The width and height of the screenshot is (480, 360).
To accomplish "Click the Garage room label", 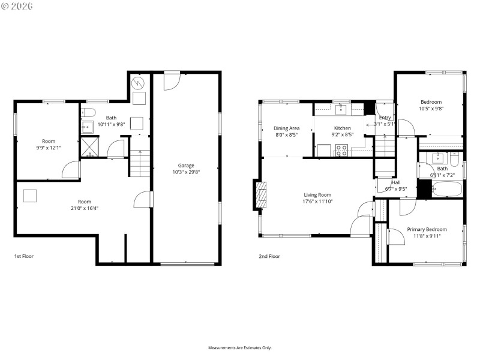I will [x=185, y=165].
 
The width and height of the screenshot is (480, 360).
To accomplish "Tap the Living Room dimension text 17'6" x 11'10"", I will [x=317, y=202].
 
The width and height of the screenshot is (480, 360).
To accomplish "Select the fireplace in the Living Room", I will [x=260, y=195].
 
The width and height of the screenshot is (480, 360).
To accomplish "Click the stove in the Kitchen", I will [x=341, y=151].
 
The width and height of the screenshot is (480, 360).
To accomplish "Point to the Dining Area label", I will [x=286, y=128].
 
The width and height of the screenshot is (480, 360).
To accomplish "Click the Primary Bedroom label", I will [x=427, y=229].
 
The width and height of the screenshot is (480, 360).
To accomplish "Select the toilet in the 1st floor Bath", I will [x=89, y=112].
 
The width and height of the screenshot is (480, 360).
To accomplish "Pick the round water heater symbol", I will [x=139, y=82].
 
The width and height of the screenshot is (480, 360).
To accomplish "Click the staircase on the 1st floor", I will [x=139, y=163].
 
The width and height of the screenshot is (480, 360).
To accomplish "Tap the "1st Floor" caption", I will [x=24, y=256].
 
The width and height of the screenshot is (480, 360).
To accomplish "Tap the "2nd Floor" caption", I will [x=270, y=256].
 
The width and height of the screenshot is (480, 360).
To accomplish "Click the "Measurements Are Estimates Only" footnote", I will [x=240, y=347].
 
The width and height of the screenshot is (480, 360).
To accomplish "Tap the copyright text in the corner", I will [x=17, y=6].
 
